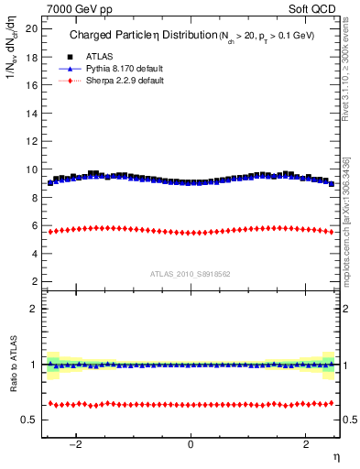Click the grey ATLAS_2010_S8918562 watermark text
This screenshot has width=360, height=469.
[x=191, y=273]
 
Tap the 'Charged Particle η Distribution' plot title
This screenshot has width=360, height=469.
[x=137, y=37]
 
